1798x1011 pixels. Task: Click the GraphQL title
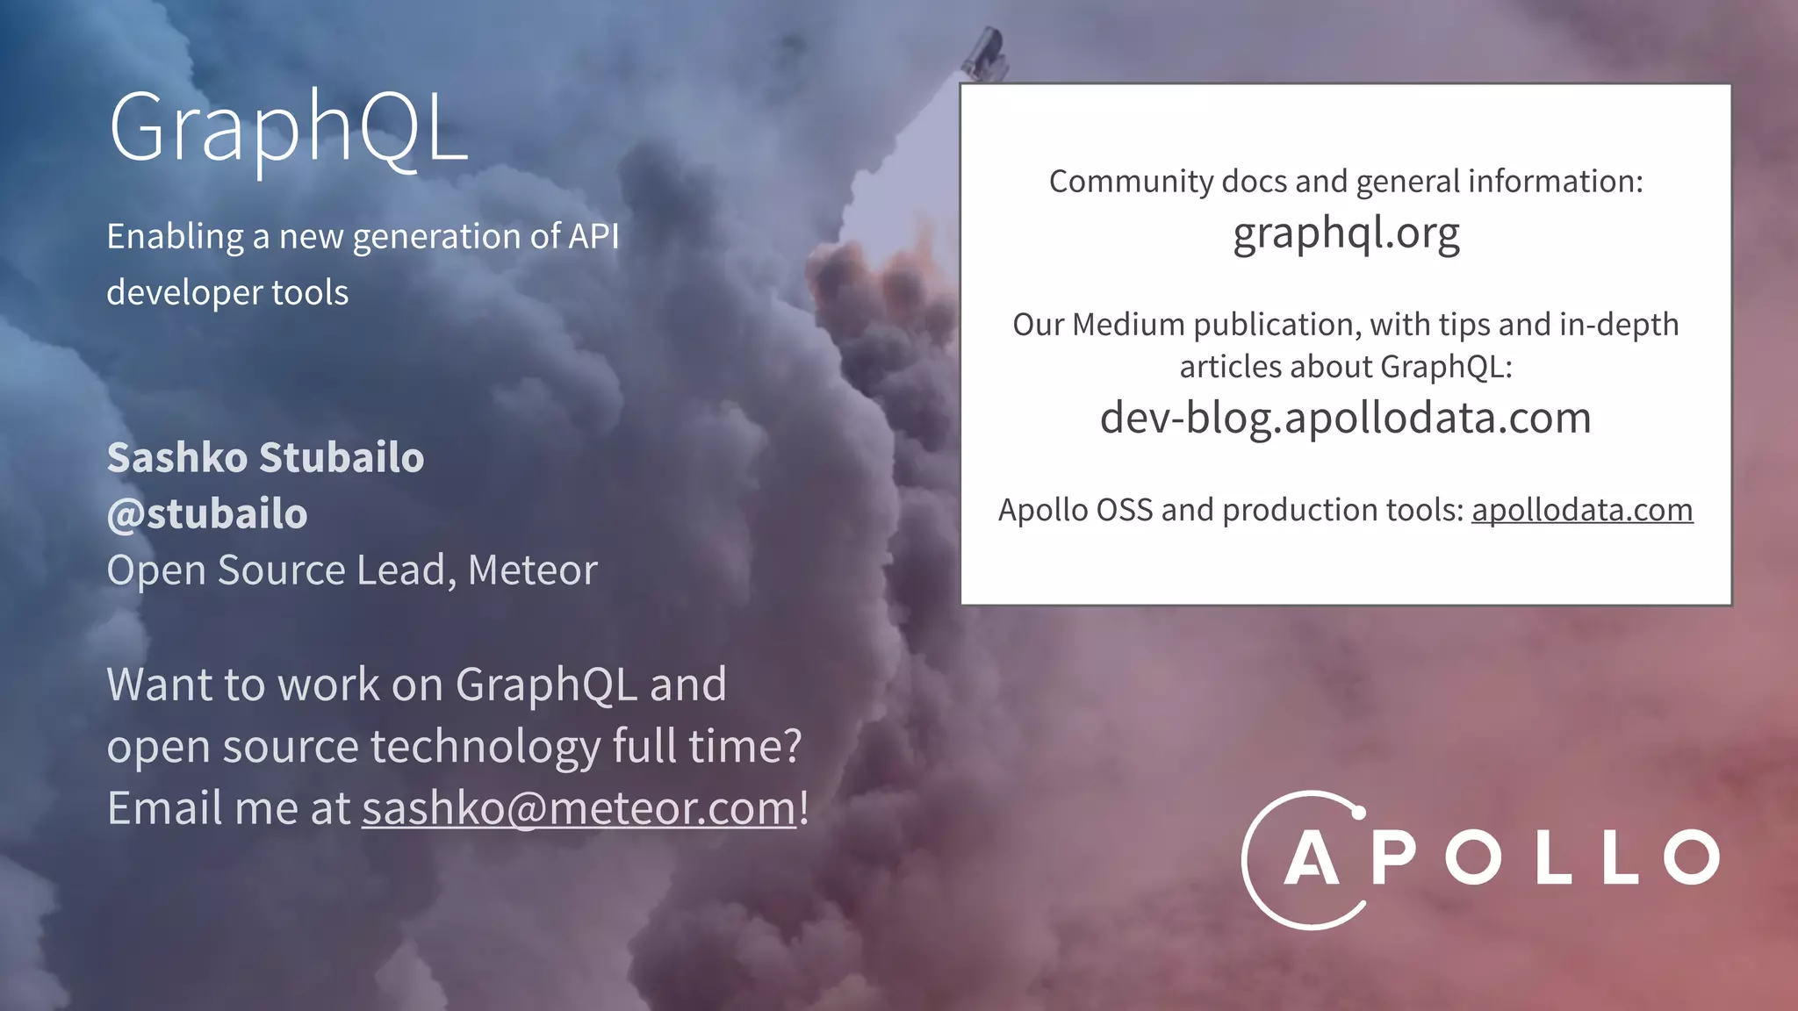pos(288,129)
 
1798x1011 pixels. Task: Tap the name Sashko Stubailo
pos(265,458)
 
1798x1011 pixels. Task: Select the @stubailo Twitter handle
pos(207,514)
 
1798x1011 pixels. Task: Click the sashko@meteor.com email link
pos(579,808)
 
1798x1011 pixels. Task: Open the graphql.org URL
pos(1346,234)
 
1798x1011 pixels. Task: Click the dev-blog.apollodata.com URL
pos(1345,418)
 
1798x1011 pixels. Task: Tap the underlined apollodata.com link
pos(1582,510)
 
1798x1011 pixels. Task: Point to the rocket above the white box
pos(984,53)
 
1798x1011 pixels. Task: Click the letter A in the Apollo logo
pos(1311,857)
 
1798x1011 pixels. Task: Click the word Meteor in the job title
pos(533,570)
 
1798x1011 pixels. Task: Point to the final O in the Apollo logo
pos(1692,857)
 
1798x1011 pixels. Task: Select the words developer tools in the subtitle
pos(227,293)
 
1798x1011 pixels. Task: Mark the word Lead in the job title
pos(406,570)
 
